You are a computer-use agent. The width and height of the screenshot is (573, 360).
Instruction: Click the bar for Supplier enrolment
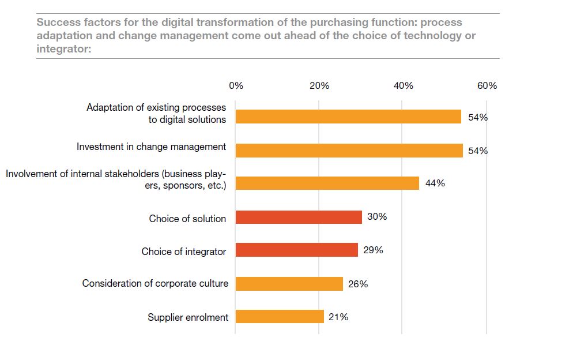click(x=280, y=317)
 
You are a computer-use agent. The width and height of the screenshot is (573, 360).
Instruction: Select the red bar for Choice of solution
click(x=299, y=217)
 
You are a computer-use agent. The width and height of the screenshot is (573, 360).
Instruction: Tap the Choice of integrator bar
click(x=297, y=250)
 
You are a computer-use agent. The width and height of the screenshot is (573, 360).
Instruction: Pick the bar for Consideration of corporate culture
click(x=289, y=284)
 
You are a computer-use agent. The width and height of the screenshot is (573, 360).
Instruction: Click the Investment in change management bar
click(x=349, y=151)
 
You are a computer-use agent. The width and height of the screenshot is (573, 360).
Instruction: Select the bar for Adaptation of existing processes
click(x=348, y=117)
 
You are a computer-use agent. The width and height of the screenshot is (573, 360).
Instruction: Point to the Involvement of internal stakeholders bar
click(x=327, y=183)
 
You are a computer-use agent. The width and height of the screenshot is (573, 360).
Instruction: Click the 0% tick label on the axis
click(x=236, y=86)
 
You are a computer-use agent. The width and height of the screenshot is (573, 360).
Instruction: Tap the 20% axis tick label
click(x=319, y=86)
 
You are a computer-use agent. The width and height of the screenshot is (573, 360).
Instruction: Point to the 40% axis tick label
click(x=403, y=86)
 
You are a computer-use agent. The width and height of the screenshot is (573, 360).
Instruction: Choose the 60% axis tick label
click(x=487, y=86)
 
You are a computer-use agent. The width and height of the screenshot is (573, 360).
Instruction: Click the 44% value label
click(x=435, y=183)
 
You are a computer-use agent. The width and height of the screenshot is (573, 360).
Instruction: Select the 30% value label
click(x=377, y=217)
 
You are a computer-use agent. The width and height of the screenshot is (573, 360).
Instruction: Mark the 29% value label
click(x=374, y=250)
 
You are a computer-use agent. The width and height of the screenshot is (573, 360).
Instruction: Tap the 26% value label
click(x=358, y=284)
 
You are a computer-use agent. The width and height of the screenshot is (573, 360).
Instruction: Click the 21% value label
click(x=338, y=317)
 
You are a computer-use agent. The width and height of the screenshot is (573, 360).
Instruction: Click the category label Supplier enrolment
click(x=188, y=317)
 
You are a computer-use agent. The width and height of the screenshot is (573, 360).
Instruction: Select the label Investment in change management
click(x=151, y=147)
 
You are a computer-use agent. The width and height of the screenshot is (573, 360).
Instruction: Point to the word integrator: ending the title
click(x=64, y=50)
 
